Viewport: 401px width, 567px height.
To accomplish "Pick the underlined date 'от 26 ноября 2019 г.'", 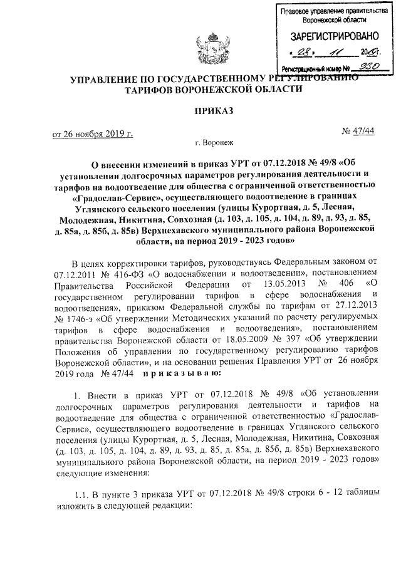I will [x=93, y=133].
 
